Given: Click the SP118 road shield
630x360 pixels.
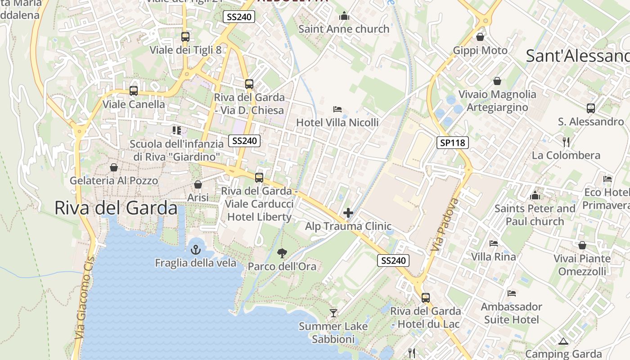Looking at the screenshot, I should [453, 143].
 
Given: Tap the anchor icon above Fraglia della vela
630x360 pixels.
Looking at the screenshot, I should [196, 249].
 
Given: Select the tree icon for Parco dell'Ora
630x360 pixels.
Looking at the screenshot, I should [282, 253].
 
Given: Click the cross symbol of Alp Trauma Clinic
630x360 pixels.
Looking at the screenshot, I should [348, 213].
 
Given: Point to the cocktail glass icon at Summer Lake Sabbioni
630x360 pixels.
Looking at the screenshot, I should [333, 313].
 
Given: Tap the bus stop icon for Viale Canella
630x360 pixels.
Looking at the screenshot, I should [134, 91].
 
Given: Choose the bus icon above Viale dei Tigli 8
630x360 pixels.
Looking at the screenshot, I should [185, 37].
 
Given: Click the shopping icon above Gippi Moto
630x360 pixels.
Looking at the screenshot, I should [480, 37].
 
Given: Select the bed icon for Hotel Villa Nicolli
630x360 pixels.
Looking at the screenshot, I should [337, 109].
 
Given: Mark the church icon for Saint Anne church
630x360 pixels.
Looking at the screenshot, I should [344, 16].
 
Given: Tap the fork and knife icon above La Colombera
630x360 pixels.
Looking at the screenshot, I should [566, 142].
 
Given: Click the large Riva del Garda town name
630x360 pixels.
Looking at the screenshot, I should [116, 208].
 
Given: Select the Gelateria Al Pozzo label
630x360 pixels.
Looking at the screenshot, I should [114, 181].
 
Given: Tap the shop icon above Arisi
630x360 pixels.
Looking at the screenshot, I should [198, 184].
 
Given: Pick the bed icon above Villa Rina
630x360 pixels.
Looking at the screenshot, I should [494, 243].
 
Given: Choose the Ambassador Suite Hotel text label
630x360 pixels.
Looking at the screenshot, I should [512, 313].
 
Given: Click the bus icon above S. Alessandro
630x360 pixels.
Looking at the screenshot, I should [591, 108].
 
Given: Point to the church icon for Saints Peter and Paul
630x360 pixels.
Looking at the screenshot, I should [535, 195].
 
